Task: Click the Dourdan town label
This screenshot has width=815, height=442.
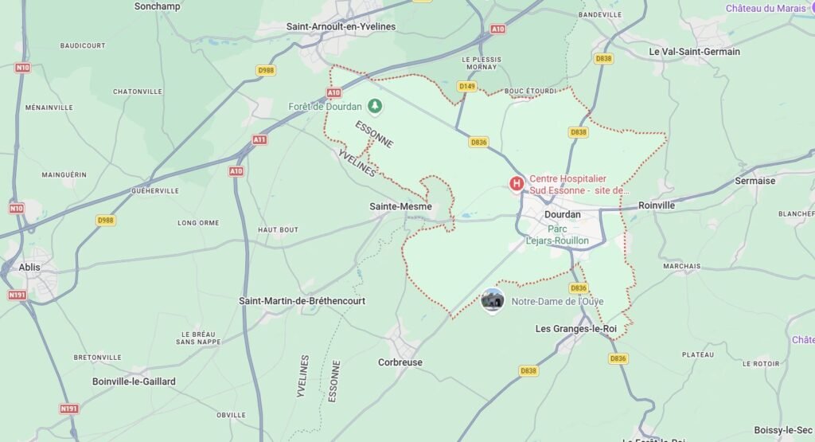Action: pos(562,214)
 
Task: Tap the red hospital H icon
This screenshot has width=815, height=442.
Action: pos(517,184)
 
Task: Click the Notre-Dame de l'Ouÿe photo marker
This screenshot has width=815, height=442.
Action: pos(493,300)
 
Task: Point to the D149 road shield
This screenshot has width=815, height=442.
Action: pos(467,86)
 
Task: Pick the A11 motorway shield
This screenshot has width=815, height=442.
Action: pos(259,139)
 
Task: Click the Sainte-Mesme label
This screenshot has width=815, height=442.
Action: pos(400,206)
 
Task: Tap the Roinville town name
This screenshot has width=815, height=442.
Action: pos(656,205)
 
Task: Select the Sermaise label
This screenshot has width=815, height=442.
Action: pos(755,181)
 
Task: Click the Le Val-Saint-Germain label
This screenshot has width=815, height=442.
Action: pos(694,52)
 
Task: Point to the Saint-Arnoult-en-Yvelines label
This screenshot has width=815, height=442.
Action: pos(341,26)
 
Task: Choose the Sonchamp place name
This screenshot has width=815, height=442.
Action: pos(158,6)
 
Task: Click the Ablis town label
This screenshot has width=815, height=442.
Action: pos(29,268)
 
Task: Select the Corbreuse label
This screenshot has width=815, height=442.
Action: pos(400,362)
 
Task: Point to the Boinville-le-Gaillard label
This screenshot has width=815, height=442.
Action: pos(134,381)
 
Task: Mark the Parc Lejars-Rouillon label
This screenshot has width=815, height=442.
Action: pos(557,235)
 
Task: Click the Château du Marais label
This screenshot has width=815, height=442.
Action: pos(765,9)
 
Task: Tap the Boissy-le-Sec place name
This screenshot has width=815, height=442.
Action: pos(784,431)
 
